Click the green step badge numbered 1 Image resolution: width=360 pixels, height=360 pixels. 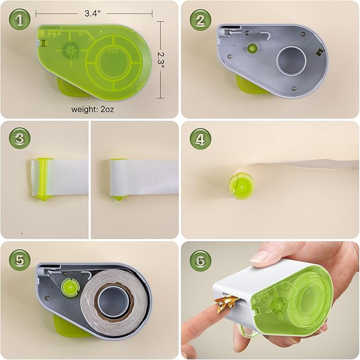(20, 20)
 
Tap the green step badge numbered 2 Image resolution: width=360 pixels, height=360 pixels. (200, 20)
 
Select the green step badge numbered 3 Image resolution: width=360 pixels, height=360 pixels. (20, 139)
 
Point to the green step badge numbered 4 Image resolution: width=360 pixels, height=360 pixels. (200, 139)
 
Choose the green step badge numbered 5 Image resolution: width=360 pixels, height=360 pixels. (20, 260)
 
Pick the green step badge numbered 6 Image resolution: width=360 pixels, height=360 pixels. (200, 260)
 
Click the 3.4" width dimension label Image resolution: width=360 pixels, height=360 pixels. (93, 14)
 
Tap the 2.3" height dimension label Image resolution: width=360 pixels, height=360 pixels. (161, 60)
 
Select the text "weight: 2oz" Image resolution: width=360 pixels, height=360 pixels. (93, 109)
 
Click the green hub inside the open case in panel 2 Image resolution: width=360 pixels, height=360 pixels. (252, 48)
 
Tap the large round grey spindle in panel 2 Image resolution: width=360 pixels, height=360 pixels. (292, 61)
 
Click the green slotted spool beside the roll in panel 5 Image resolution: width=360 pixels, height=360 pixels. (71, 287)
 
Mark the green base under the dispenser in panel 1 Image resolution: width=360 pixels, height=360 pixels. (73, 89)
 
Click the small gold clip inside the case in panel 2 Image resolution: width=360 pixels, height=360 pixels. (319, 53)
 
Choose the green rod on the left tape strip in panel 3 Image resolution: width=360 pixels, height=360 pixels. (43, 179)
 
